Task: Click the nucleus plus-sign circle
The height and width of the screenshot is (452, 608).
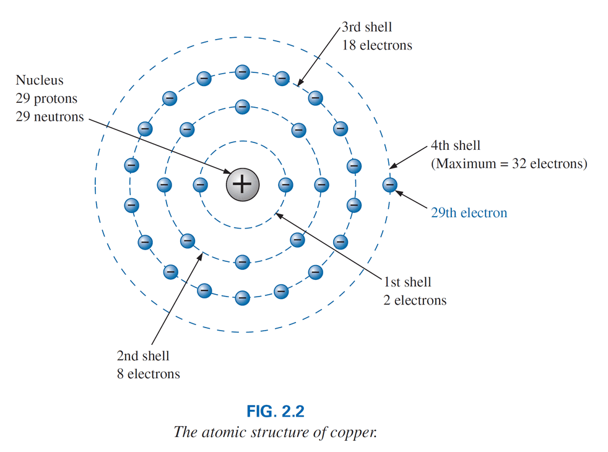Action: coord(242,184)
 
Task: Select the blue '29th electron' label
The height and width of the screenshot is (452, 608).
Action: coord(469,213)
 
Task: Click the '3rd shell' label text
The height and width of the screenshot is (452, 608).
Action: coord(367,28)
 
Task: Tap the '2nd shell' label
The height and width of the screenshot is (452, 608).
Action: coord(142,356)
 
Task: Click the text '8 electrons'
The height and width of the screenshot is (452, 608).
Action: coord(149,374)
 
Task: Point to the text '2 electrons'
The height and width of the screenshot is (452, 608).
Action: coord(415,301)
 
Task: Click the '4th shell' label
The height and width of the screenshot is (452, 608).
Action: coord(455,147)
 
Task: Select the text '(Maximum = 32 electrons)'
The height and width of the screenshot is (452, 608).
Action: coord(509,164)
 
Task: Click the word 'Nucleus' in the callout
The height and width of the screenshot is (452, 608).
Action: coord(40,80)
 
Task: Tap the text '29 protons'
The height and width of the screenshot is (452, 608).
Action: coord(46,98)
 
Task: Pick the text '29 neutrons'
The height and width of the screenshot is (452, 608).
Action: coord(50,116)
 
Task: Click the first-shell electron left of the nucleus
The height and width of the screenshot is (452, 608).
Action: coord(199,184)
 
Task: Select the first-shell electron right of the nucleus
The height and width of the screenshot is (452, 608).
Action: coord(285,184)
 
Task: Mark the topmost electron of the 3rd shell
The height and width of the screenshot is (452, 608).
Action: coord(243,72)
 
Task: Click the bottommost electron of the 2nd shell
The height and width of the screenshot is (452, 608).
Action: coord(243,262)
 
